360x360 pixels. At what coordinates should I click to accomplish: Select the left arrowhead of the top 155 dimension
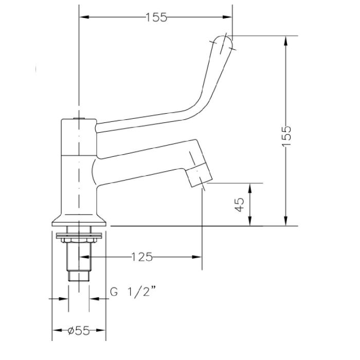(x=83, y=17)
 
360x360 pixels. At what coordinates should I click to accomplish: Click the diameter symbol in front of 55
(x=69, y=331)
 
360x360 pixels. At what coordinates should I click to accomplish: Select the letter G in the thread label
(x=113, y=293)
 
